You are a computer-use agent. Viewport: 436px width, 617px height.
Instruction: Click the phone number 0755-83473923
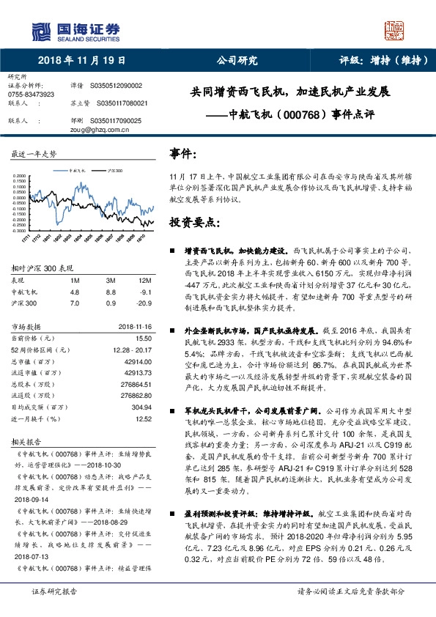[31, 95]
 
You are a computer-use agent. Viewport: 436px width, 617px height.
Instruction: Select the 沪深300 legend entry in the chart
[114, 169]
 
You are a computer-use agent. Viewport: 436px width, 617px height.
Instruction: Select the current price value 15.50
[143, 338]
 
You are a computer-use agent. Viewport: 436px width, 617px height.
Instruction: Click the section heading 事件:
[184, 153]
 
